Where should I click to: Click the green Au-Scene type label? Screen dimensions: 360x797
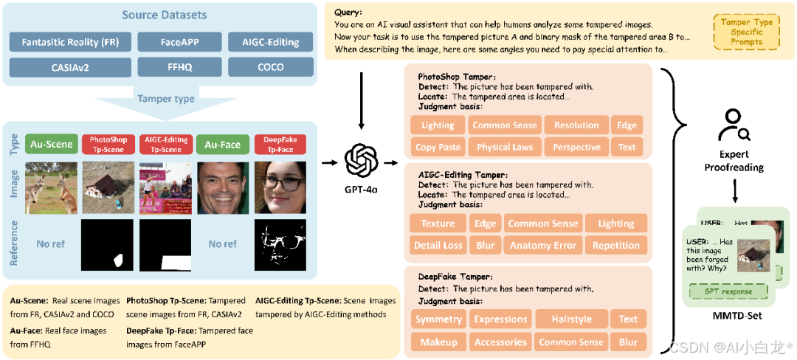point(50,145)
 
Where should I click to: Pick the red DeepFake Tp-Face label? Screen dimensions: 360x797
point(279,145)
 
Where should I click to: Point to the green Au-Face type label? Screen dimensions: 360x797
point(223,145)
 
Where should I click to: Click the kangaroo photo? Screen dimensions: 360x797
point(50,187)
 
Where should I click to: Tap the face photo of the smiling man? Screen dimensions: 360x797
point(223,187)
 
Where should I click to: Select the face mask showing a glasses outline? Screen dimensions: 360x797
point(279,243)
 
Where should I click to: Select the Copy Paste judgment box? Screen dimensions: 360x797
point(438,147)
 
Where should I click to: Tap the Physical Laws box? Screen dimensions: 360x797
point(505,147)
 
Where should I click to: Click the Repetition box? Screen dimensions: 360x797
point(616,245)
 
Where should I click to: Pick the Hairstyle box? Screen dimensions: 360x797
point(571,319)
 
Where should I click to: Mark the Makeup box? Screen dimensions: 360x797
point(438,342)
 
